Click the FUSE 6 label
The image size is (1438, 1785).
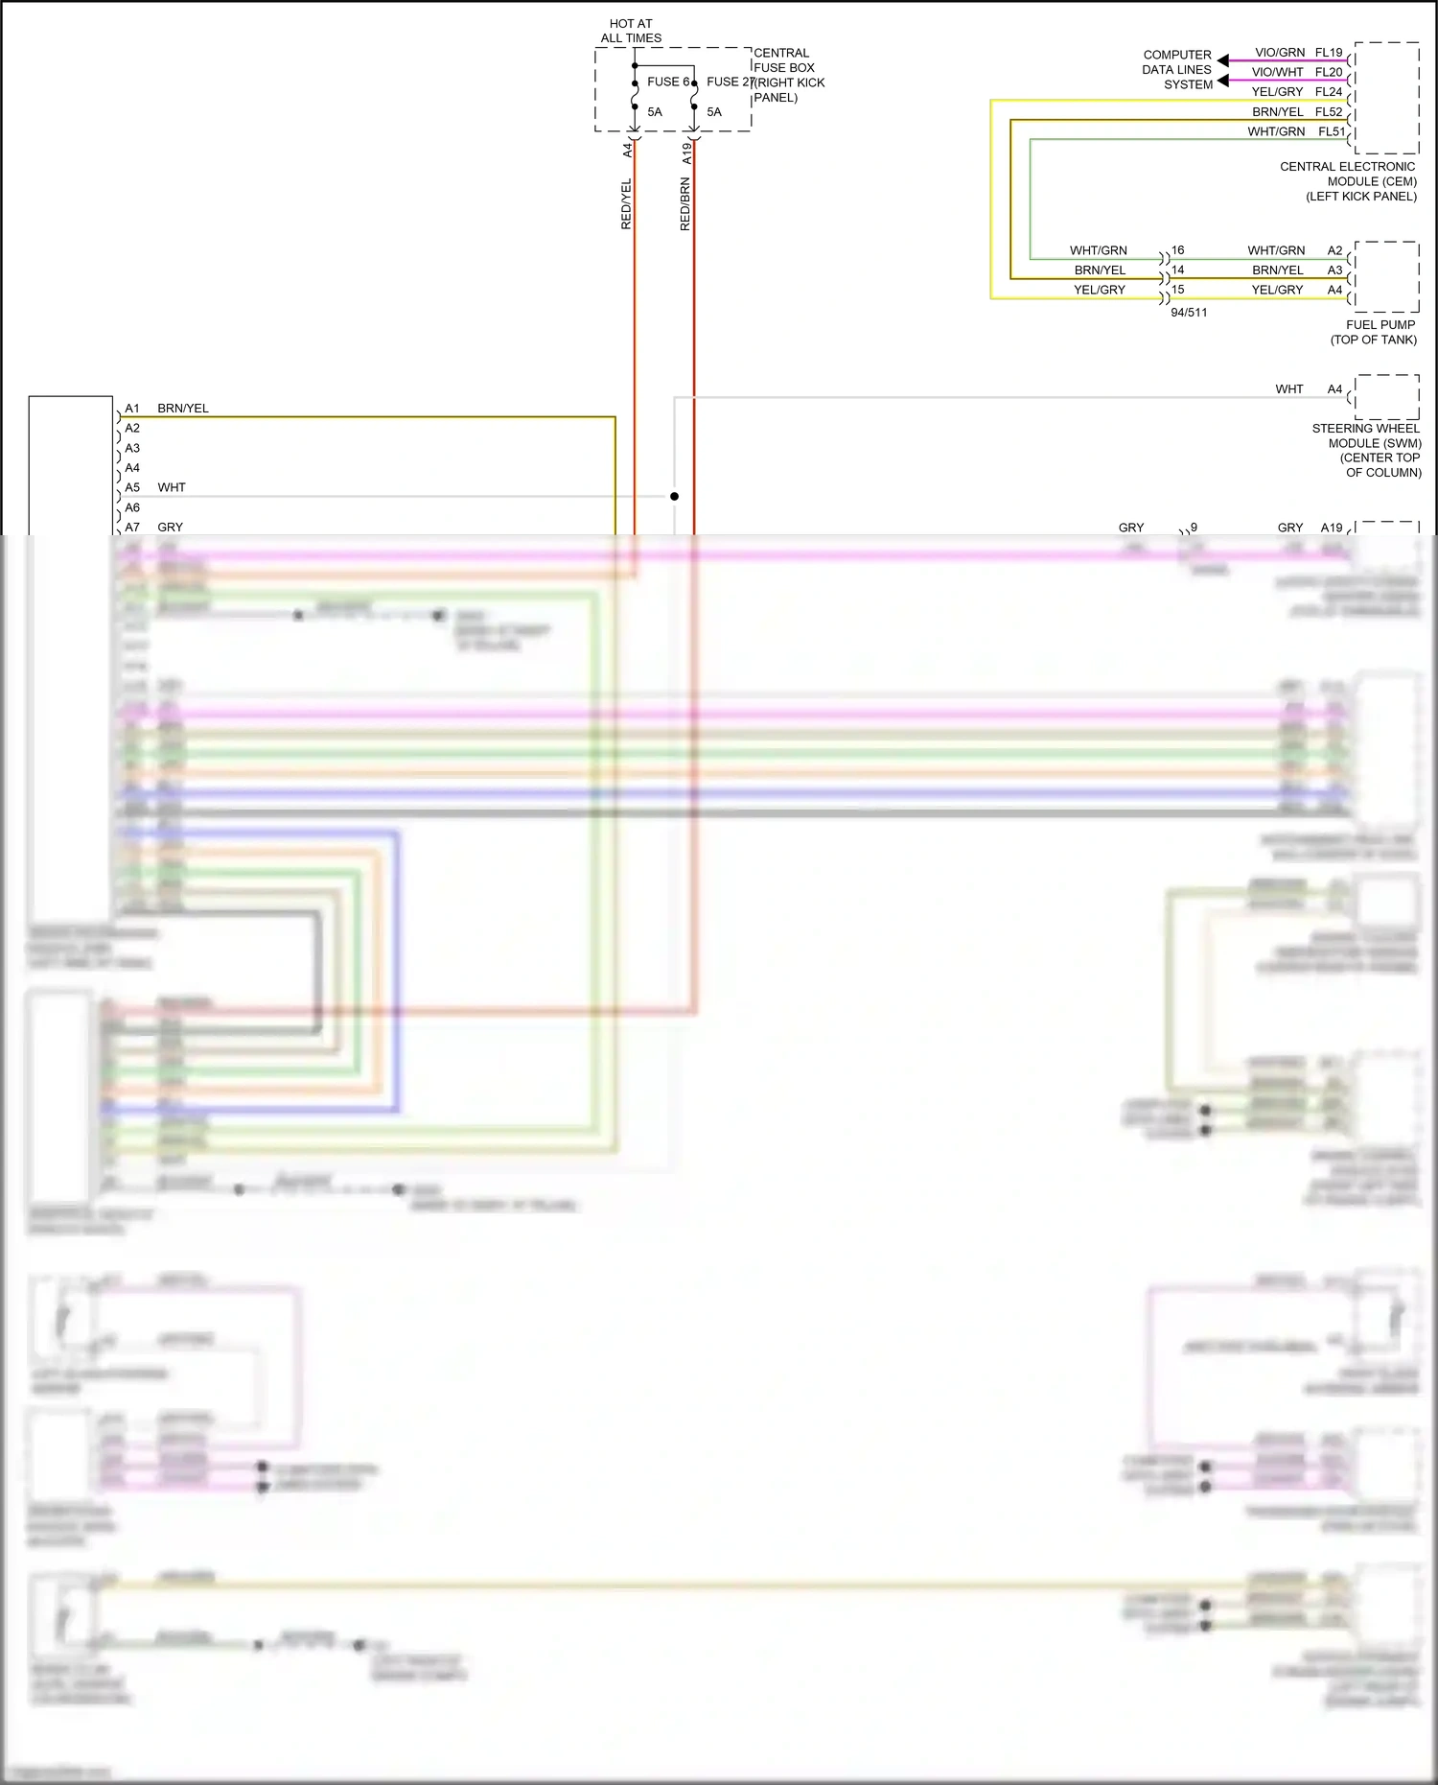point(667,82)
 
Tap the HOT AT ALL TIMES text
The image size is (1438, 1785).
point(631,31)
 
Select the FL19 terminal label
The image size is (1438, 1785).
point(1329,53)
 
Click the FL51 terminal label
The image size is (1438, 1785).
point(1332,131)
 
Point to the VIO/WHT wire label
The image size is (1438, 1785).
point(1277,72)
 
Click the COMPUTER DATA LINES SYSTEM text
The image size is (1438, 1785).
point(1177,70)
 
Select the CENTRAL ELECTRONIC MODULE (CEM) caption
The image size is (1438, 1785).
point(1348,181)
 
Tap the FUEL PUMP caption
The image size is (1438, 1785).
point(1380,325)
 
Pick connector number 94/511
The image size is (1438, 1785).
point(1189,313)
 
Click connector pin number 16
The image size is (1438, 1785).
point(1177,249)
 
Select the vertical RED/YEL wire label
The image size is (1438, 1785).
point(626,203)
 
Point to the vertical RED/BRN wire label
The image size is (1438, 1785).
point(684,203)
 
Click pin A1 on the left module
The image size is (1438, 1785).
point(132,409)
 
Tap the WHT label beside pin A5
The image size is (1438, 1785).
point(172,487)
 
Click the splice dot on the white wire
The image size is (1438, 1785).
point(674,496)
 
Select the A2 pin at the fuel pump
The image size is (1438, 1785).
point(1334,250)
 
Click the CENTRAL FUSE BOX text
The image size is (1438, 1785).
point(783,60)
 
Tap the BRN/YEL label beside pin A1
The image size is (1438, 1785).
point(183,409)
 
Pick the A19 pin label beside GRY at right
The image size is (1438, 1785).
point(1332,528)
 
